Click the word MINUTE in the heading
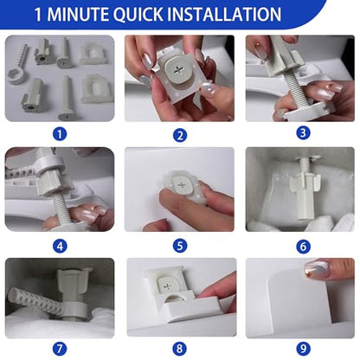(78, 14)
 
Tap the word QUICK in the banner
(138, 15)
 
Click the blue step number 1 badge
(60, 134)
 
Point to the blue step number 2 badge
(180, 135)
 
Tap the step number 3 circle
(303, 133)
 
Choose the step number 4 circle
(60, 247)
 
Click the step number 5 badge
(180, 246)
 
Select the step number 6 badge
(303, 247)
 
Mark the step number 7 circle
(60, 349)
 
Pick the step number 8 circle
(179, 349)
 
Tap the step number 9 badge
(303, 349)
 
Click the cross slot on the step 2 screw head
(176, 70)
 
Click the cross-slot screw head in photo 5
(183, 185)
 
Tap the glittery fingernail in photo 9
(318, 270)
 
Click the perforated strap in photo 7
(34, 302)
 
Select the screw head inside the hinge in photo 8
(167, 286)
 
